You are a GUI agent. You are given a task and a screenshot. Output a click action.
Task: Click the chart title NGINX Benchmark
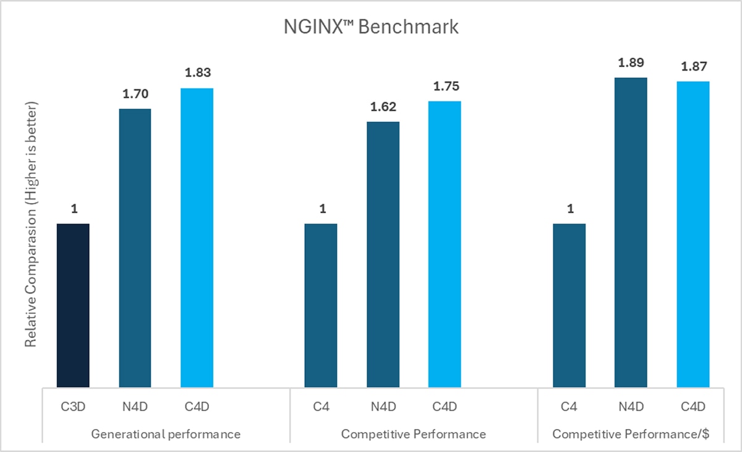click(x=371, y=28)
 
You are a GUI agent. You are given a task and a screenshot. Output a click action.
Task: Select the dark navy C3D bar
click(x=73, y=305)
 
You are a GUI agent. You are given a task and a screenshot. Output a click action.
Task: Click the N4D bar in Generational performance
click(x=135, y=248)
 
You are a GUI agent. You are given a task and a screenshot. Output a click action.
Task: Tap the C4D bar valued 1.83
click(x=197, y=238)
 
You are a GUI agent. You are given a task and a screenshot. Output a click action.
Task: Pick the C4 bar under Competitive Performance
click(x=321, y=305)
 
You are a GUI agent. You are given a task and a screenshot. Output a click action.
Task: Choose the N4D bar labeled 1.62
click(x=383, y=254)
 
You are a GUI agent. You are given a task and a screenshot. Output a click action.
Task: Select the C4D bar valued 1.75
click(x=445, y=244)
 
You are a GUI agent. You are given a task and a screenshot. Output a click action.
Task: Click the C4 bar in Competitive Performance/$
click(x=569, y=305)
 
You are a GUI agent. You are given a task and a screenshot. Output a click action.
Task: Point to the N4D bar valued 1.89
click(x=631, y=232)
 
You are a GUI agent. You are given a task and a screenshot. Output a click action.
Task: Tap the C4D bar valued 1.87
click(x=693, y=234)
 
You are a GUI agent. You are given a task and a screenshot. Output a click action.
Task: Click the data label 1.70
click(x=135, y=94)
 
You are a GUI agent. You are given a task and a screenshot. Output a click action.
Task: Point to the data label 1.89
click(x=631, y=63)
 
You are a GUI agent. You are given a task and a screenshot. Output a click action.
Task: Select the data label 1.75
click(x=445, y=86)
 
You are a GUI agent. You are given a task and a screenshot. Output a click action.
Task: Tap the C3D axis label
click(x=73, y=406)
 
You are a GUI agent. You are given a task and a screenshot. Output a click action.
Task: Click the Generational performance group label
click(x=166, y=434)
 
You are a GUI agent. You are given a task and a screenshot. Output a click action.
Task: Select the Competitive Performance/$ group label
click(x=631, y=434)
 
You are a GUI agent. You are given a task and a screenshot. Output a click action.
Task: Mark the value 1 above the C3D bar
click(x=74, y=209)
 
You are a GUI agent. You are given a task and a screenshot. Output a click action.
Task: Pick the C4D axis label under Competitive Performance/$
click(x=693, y=406)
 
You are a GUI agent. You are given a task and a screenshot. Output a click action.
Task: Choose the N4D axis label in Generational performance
click(x=135, y=406)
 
